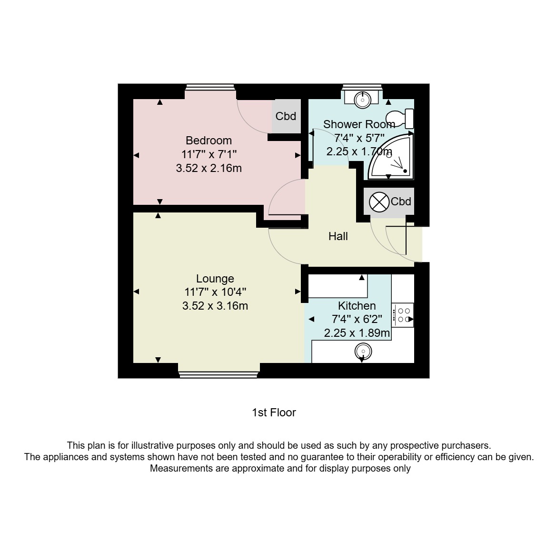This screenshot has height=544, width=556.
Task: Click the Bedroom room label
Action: [209, 141]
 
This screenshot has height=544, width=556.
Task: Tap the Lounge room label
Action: [215, 279]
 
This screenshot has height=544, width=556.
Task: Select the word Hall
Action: [338, 236]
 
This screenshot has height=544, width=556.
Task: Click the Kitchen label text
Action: [357, 305]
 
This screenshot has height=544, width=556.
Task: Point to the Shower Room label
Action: [359, 124]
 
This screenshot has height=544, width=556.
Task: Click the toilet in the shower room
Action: [400, 119]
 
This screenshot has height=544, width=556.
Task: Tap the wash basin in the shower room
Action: [362, 99]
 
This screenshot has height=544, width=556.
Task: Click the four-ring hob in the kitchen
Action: [402, 315]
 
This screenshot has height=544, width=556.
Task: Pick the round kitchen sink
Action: [363, 352]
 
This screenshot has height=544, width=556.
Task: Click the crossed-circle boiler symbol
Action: [379, 202]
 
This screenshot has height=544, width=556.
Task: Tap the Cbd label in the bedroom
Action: [286, 116]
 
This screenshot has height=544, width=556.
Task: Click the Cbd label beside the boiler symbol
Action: [401, 201]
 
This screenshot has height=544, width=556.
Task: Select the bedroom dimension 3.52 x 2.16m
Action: [209, 168]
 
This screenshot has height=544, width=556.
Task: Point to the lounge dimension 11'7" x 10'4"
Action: [215, 292]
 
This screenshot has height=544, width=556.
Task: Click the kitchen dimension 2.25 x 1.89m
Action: [357, 333]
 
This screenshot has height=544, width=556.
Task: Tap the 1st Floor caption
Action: [274, 413]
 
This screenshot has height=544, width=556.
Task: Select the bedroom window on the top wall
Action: [210, 87]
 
